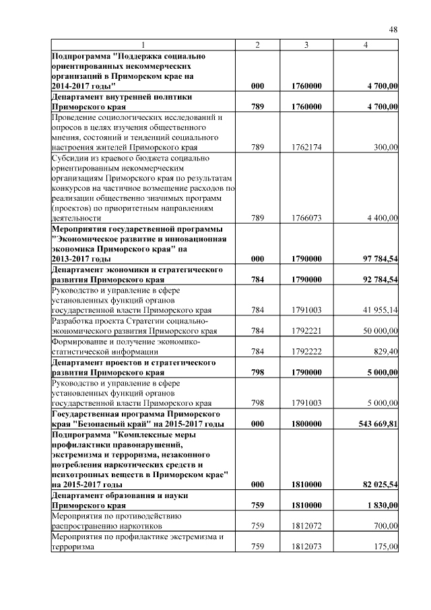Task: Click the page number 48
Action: coord(393,30)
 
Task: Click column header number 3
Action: coord(306,44)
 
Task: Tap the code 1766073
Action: coord(306,218)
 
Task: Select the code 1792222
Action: coord(306,351)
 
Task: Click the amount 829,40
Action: coord(385,351)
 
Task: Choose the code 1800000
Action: coord(306,423)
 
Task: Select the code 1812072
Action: coord(306,525)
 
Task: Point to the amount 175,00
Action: coord(387,547)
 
